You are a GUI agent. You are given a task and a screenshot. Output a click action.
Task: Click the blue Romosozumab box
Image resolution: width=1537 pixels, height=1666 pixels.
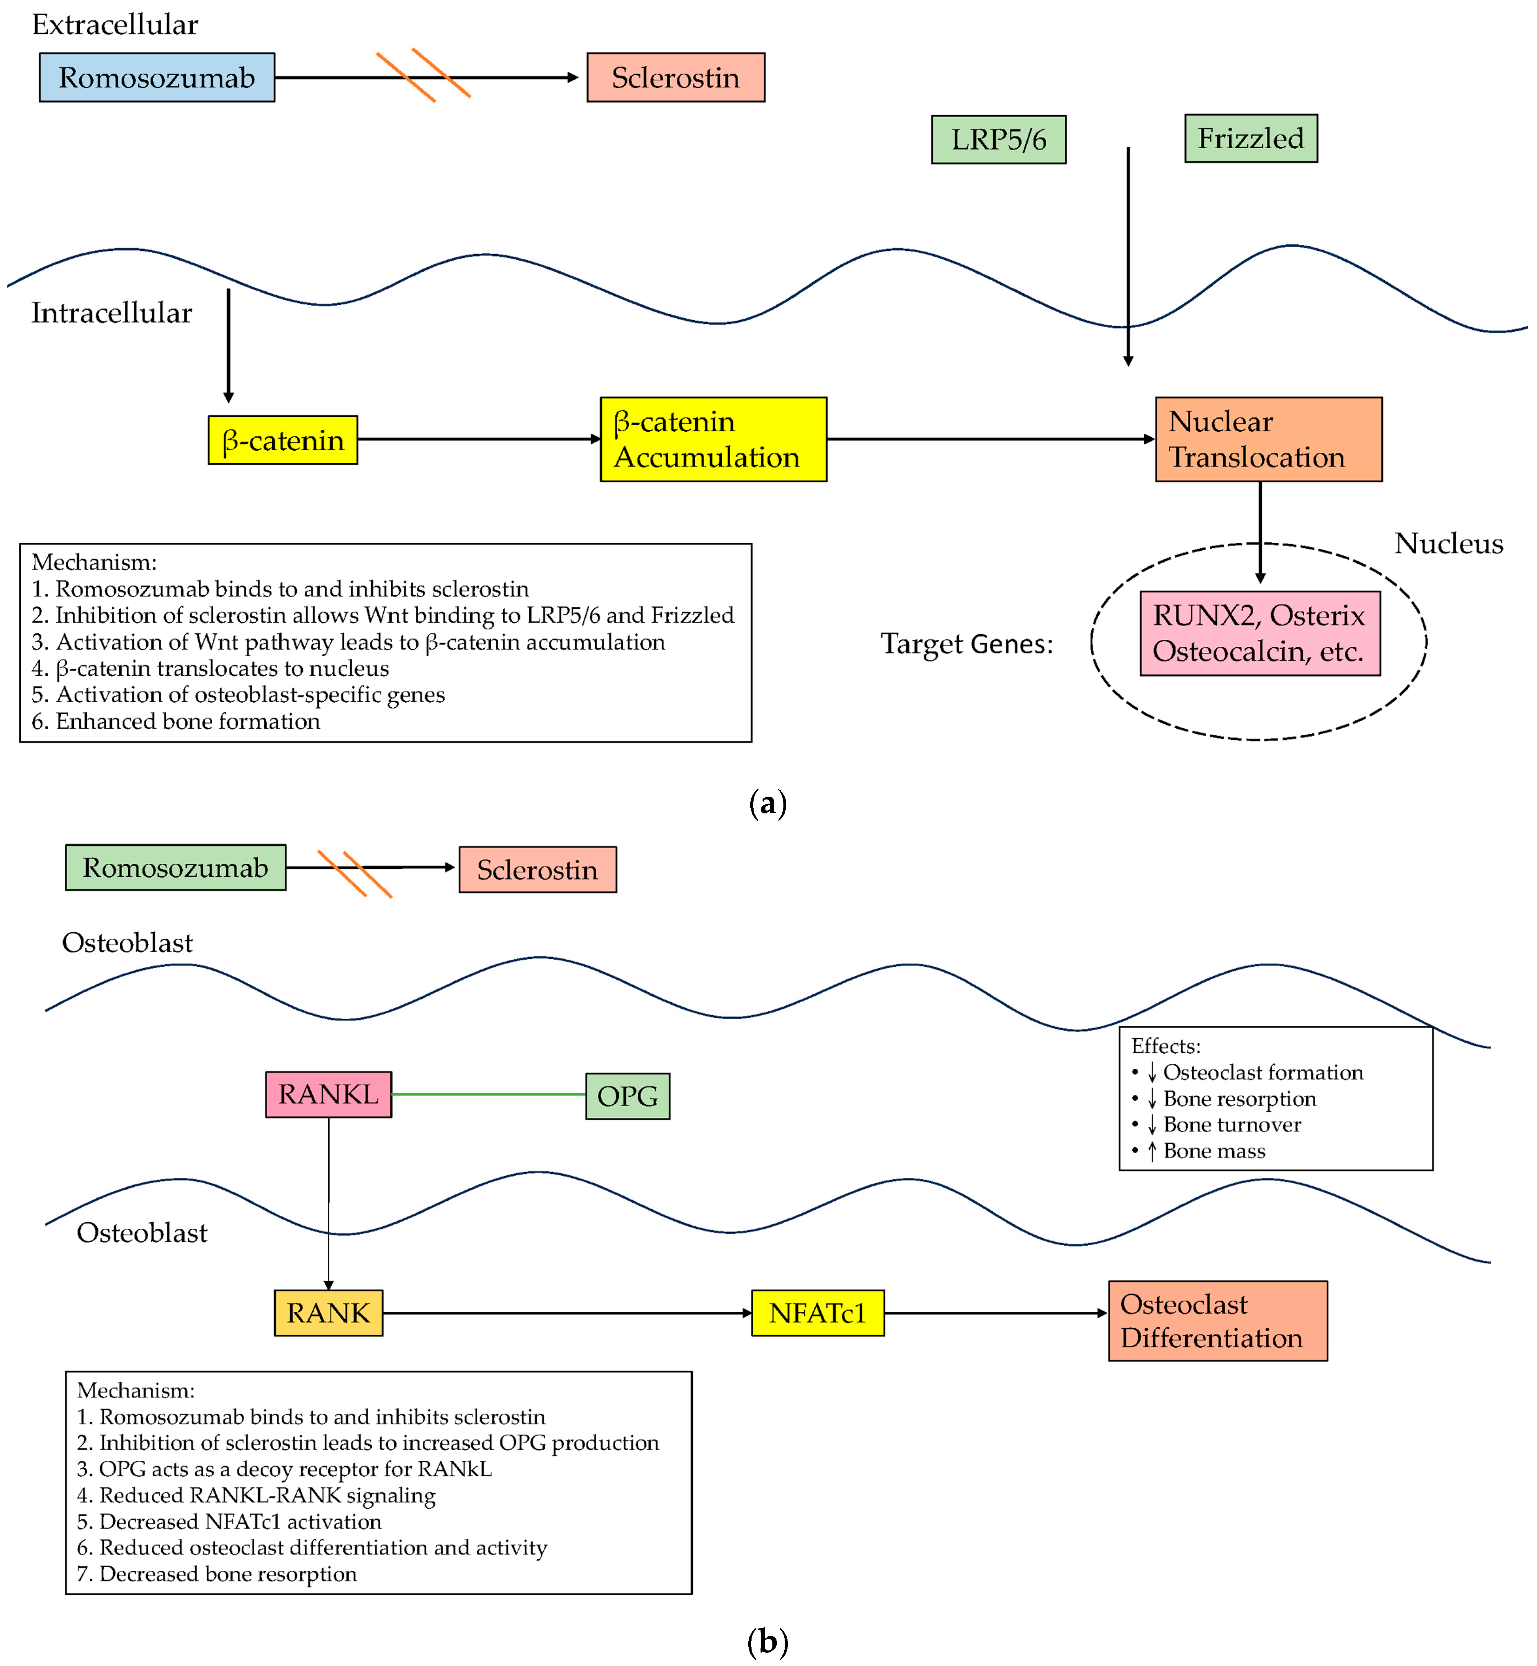156,77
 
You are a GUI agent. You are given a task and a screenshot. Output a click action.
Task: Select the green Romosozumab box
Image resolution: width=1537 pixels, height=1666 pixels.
176,867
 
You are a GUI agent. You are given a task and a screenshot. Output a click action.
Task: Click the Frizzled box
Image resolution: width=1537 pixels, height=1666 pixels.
1250,138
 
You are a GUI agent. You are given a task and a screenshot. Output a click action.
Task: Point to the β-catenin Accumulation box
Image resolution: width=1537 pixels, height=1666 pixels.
713,439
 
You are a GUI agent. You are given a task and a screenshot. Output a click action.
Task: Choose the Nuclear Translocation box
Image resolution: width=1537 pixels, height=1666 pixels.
1267,439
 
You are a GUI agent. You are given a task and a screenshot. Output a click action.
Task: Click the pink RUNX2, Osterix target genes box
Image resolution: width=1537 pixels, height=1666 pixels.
1259,633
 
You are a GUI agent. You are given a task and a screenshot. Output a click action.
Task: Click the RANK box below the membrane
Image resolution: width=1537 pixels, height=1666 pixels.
328,1313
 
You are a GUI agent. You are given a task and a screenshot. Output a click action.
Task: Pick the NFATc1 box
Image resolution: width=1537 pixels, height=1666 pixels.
817,1313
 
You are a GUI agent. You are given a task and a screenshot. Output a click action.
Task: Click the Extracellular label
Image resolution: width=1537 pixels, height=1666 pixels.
115,25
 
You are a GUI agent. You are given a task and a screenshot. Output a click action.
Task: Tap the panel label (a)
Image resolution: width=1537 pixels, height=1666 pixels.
767,804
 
